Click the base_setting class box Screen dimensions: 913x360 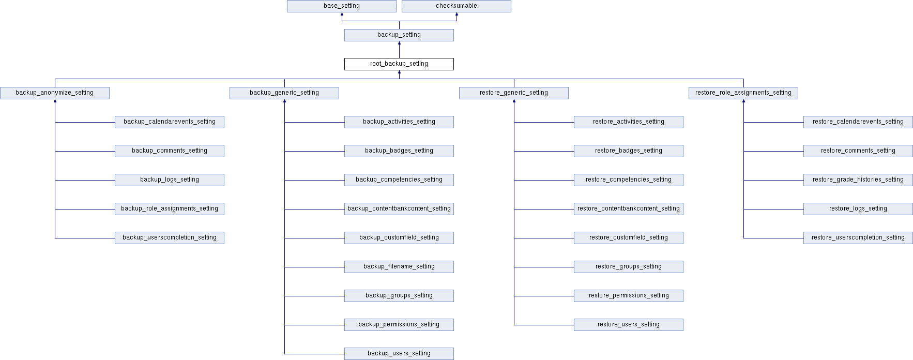coord(342,6)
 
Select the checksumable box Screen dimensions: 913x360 coord(456,6)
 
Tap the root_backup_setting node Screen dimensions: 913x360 coord(399,64)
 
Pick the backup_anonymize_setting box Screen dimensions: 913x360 coord(55,93)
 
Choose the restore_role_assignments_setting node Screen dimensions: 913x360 coord(743,93)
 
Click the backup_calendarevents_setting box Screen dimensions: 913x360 coord(170,122)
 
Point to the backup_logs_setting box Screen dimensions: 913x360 coord(170,180)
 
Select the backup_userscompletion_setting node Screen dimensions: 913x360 coord(170,238)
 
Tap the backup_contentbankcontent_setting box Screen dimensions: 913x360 coord(399,209)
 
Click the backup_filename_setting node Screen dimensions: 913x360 coord(399,267)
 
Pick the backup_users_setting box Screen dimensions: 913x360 coord(399,354)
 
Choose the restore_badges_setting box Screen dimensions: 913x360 coord(629,151)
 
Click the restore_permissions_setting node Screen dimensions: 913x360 coord(629,296)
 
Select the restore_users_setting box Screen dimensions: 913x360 coord(629,325)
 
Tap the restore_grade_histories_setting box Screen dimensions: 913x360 coord(858,180)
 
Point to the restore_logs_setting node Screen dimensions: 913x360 coord(858,209)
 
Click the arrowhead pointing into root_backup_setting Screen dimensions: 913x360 coord(399,72)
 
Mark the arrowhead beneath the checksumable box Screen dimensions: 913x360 coord(456,14)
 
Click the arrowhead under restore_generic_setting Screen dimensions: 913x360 coord(514,101)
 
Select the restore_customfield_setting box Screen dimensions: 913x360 coord(629,238)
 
